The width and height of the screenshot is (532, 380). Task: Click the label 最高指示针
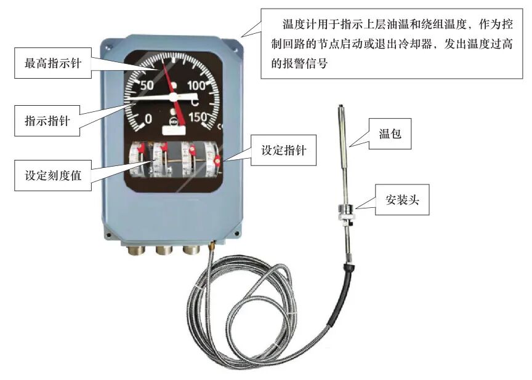54,63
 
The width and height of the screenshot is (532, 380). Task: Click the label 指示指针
46,118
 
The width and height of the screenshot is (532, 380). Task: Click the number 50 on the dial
147,85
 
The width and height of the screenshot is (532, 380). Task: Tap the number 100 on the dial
199,85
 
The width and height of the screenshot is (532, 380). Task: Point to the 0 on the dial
148,118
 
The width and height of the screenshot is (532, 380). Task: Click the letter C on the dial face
193,101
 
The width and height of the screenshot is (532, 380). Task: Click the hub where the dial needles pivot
173,97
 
